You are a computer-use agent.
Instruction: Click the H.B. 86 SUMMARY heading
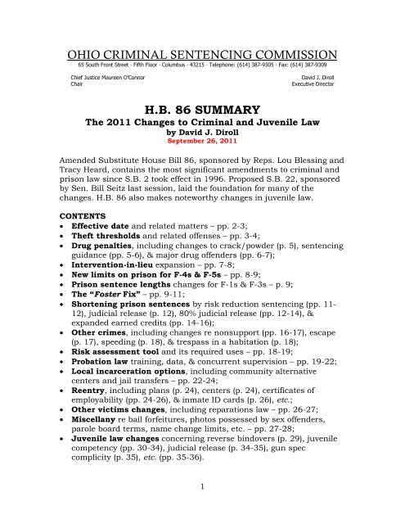(x=202, y=109)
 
